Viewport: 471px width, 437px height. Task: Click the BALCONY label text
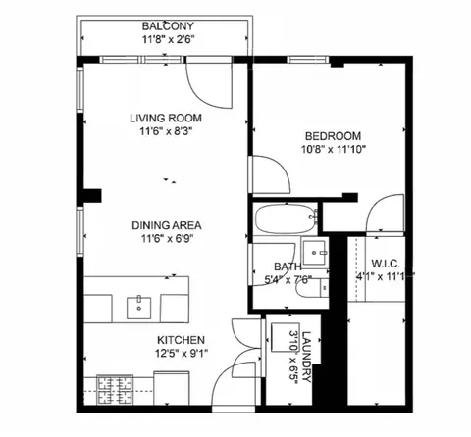(x=168, y=25)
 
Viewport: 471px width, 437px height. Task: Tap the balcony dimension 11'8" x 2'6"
(x=168, y=40)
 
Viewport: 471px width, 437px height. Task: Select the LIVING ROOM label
(x=165, y=119)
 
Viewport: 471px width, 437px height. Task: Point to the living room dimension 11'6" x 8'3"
(x=165, y=133)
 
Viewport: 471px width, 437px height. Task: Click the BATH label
(x=288, y=266)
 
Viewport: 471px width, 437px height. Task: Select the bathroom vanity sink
(x=315, y=251)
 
